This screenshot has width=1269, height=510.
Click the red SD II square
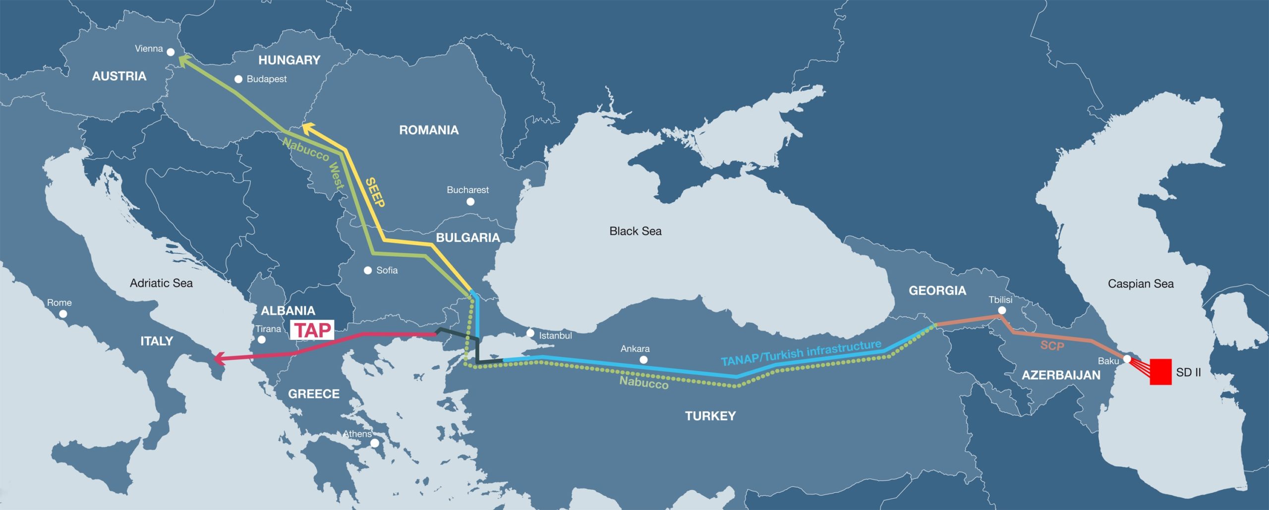pyautogui.click(x=1160, y=372)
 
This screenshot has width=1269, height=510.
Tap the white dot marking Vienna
pyautogui.click(x=171, y=52)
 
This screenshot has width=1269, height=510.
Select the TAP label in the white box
pyautogui.click(x=312, y=330)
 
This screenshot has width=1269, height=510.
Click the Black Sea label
pyautogui.click(x=635, y=231)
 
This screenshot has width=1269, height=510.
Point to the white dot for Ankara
pyautogui.click(x=643, y=360)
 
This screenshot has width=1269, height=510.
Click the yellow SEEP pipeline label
pyautogui.click(x=375, y=192)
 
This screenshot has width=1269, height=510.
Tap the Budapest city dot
pyautogui.click(x=238, y=79)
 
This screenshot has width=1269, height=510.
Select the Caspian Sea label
pyautogui.click(x=1141, y=283)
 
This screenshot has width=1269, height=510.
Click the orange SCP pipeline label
pyautogui.click(x=1052, y=345)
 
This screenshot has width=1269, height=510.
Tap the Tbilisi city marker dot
pyautogui.click(x=1002, y=310)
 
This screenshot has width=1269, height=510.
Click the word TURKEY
pyautogui.click(x=710, y=416)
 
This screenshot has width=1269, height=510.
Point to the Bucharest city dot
pyautogui.click(x=470, y=202)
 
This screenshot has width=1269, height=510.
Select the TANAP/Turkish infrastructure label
pyautogui.click(x=801, y=353)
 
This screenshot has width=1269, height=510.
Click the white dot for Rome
pyautogui.click(x=63, y=314)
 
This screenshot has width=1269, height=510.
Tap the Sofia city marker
pyautogui.click(x=368, y=270)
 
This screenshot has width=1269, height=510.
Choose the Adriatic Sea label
pyautogui.click(x=161, y=283)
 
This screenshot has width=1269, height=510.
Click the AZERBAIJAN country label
pyautogui.click(x=1061, y=375)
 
